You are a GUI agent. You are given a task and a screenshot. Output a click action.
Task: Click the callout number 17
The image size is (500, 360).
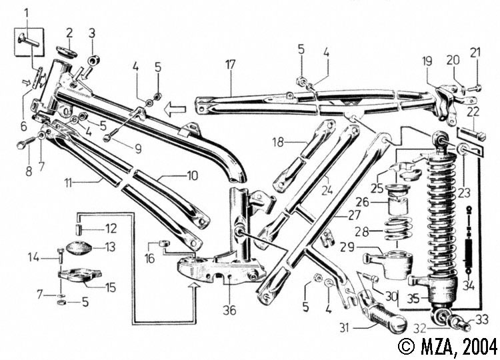(x=230, y=65)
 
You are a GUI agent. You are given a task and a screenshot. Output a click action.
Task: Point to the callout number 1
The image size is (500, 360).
(x=26, y=12)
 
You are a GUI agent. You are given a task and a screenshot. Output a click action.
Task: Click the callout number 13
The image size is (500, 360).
(x=110, y=246)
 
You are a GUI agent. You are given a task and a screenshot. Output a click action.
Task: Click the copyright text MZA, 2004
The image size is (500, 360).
(x=447, y=347)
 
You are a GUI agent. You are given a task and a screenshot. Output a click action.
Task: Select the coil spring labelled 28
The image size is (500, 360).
(x=401, y=228)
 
